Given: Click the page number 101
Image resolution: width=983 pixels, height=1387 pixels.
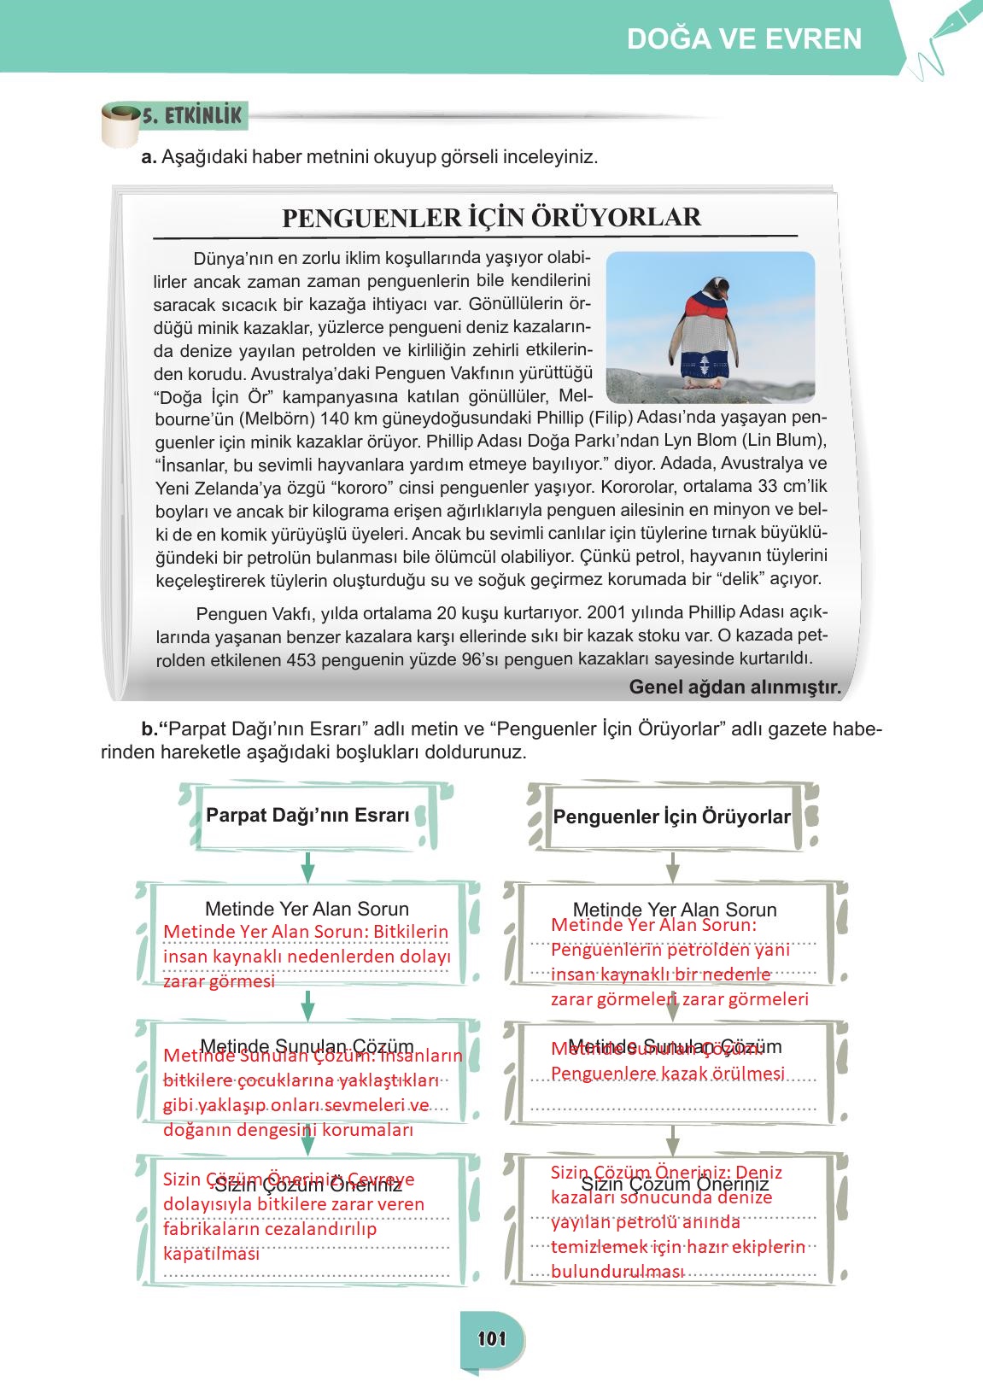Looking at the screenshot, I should coord(492,1338).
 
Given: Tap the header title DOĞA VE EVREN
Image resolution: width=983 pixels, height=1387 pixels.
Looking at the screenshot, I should coord(744,39).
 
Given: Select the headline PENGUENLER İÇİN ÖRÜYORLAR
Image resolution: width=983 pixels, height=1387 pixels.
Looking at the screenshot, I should coord(491,217).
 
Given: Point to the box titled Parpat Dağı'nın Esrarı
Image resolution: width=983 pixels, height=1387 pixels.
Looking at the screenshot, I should coord(307,816).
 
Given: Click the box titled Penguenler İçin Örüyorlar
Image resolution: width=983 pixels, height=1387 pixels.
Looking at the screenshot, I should coord(672,817).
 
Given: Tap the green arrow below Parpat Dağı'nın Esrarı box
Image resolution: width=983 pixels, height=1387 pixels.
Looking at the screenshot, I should coord(308,868).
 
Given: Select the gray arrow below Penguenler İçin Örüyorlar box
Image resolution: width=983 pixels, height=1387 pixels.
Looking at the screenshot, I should coord(672,868).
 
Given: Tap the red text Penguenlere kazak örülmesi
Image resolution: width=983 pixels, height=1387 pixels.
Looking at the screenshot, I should coord(667,1074).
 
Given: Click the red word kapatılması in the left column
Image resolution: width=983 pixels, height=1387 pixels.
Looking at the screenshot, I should coord(210,1254).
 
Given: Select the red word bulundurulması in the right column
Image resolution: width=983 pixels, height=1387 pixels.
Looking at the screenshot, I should coord(617,1271).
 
